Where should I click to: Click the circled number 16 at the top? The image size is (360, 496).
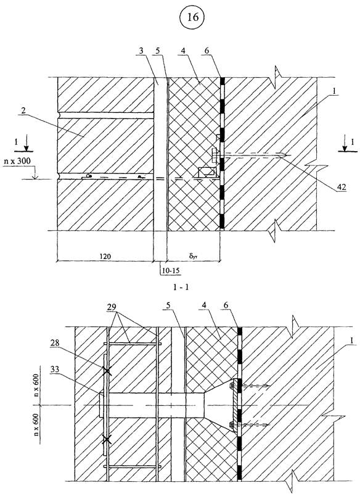[x=193, y=17]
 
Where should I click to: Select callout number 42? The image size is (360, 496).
[x=342, y=187]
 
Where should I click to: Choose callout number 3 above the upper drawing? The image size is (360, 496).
[x=141, y=51]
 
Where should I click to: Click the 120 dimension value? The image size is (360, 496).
[x=105, y=255]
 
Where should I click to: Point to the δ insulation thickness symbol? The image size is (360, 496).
[x=193, y=255]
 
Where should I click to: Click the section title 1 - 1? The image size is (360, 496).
[x=181, y=287]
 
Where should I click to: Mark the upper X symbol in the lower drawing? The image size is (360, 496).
[x=107, y=371]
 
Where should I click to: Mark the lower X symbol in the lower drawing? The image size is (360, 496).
[x=107, y=439]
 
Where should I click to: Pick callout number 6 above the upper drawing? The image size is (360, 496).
[x=211, y=51]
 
